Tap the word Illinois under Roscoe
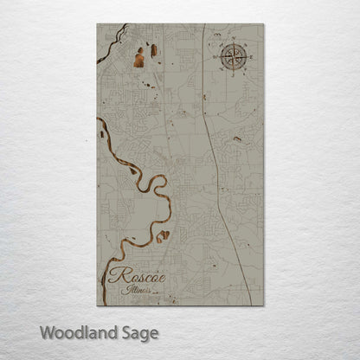pos(137,290)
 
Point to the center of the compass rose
pos(233,56)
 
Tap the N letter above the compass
pos(233,40)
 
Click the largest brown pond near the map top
pos(139,60)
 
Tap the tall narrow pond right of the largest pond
pos(154,50)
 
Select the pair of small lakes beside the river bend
pos(162,235)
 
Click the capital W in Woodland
pos(45,332)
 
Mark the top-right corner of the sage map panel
pos(263,24)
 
